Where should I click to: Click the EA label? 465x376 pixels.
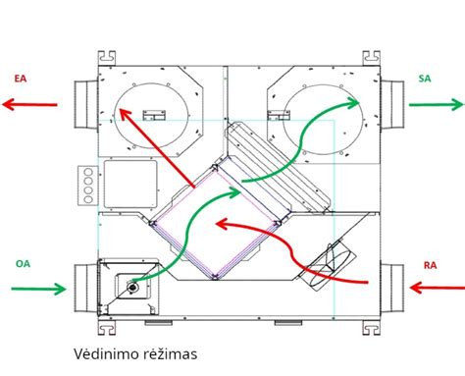click(21, 78)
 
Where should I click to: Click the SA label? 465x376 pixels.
click(425, 78)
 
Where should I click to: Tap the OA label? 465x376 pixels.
click(23, 263)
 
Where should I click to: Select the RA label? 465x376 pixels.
click(430, 265)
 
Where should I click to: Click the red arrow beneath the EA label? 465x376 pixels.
click(29, 103)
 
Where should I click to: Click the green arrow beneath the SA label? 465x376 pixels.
click(436, 103)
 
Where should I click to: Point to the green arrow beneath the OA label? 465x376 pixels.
click(38, 289)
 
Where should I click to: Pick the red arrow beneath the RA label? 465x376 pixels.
click(436, 288)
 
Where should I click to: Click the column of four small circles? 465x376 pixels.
click(86, 185)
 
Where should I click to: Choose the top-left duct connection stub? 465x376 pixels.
click(83, 103)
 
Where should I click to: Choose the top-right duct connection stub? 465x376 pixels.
click(390, 102)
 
